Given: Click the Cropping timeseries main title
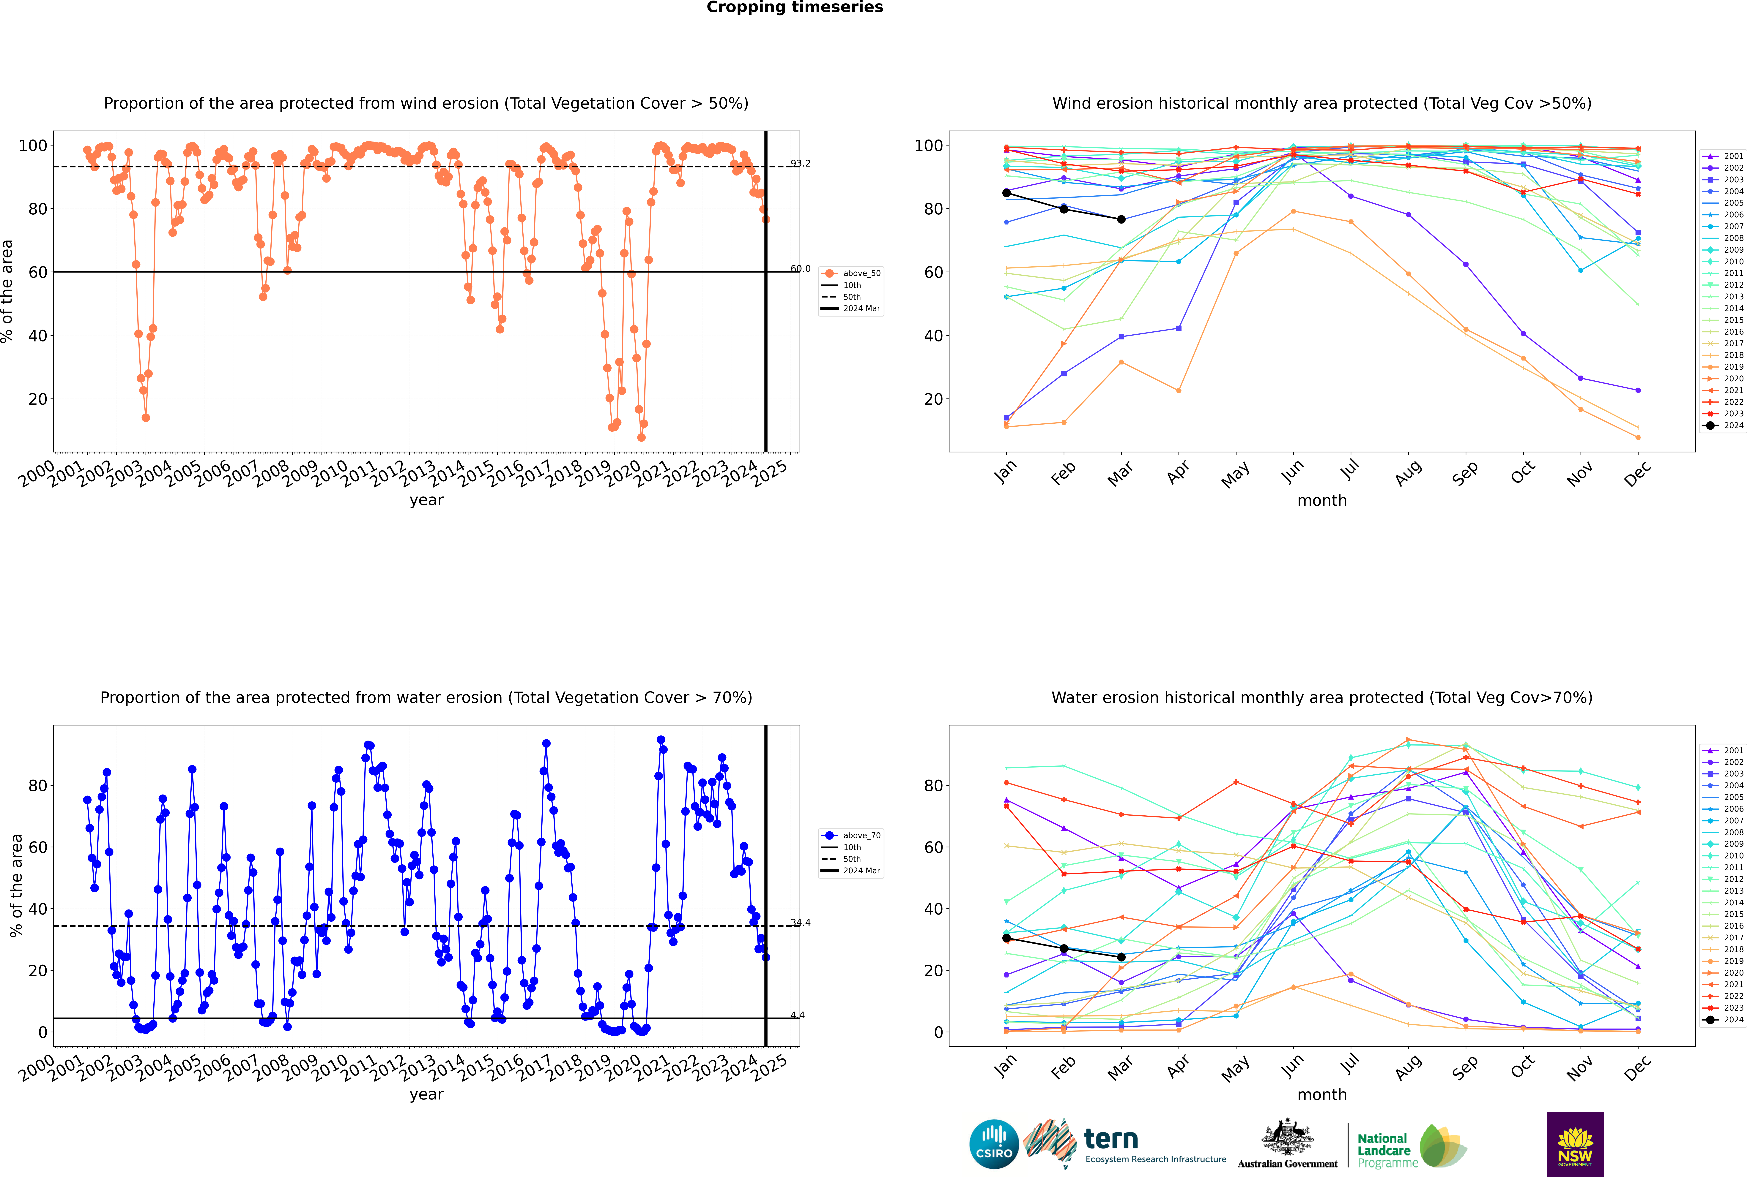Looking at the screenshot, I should (x=795, y=7).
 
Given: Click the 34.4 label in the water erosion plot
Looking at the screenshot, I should (x=800, y=923).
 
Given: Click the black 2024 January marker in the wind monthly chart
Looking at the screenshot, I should (x=1006, y=193).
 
